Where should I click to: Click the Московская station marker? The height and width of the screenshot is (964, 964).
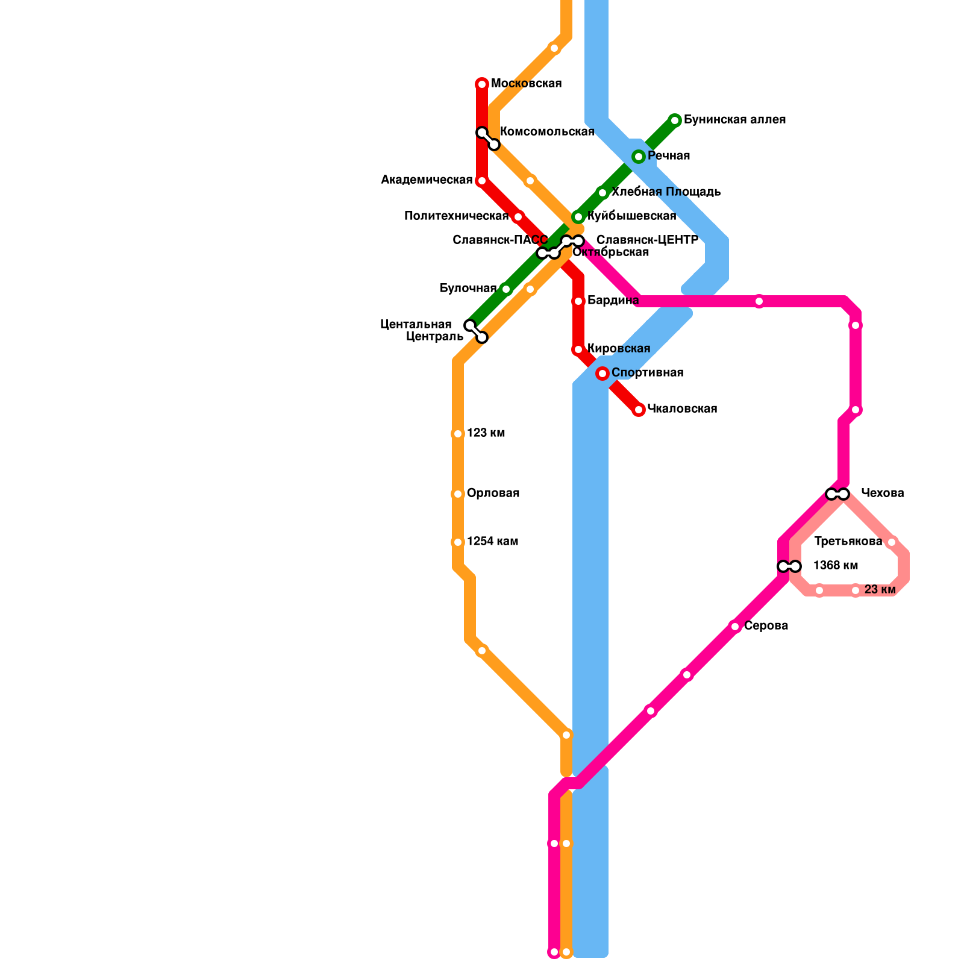[482, 84]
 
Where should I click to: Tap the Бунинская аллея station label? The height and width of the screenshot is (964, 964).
[734, 120]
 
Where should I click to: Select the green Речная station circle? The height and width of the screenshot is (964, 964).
[639, 157]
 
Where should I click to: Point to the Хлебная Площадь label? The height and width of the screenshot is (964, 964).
[666, 192]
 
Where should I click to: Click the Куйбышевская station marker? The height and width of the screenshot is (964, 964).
[578, 217]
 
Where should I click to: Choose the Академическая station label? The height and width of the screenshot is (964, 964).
[427, 180]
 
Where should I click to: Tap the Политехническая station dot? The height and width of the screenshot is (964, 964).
[518, 217]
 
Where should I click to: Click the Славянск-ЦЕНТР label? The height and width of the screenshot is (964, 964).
[647, 240]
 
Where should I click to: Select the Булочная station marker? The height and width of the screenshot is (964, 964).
[506, 289]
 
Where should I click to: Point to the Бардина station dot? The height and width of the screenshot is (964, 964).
[578, 301]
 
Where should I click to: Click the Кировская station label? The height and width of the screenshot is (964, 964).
[619, 349]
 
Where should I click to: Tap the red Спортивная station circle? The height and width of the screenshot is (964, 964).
[602, 374]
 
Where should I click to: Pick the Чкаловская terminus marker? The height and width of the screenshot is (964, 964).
[639, 410]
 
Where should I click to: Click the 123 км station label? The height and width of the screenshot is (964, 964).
[486, 433]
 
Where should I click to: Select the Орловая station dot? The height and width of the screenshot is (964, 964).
[458, 494]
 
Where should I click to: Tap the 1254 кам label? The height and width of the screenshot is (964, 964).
[492, 542]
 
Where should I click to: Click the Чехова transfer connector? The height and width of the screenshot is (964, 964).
[837, 494]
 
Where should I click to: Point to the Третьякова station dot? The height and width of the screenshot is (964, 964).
[892, 542]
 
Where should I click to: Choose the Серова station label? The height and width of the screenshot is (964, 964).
[766, 626]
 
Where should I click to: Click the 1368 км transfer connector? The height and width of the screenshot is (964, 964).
[789, 566]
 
